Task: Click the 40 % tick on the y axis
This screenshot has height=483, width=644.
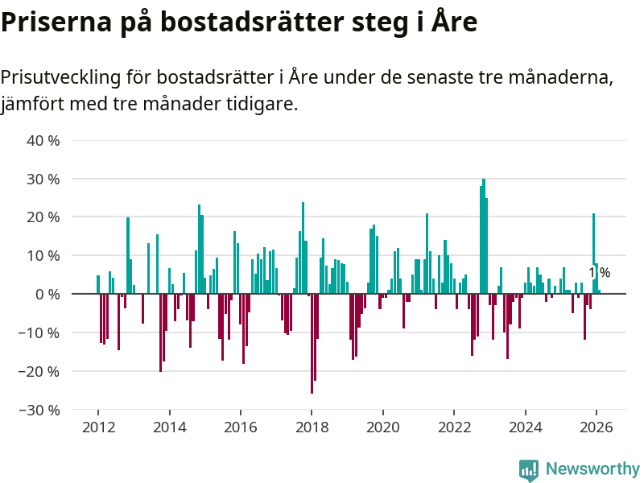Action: coord(43,140)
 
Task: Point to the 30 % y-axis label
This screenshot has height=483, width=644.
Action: coord(43,179)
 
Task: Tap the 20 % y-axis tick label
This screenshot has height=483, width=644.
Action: coord(43,217)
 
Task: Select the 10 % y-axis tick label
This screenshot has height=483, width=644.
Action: coord(43,256)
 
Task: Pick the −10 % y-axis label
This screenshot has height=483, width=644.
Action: coord(39,333)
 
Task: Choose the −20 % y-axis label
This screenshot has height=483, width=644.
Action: coord(39,372)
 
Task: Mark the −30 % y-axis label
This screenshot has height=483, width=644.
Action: coord(39,411)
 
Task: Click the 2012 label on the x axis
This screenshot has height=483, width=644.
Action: coord(97,427)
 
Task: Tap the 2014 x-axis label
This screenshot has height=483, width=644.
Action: coord(169,427)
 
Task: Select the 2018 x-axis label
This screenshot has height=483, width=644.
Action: coord(312,427)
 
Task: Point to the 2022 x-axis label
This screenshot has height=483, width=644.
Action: coord(454,427)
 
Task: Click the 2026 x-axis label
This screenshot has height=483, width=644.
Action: coord(597,427)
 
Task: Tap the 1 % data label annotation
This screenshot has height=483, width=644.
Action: coord(598,273)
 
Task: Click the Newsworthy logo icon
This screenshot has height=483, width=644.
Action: coord(529,470)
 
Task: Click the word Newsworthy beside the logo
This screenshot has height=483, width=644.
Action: coord(592,469)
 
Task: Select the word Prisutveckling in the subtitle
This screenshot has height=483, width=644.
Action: coord(60,78)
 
